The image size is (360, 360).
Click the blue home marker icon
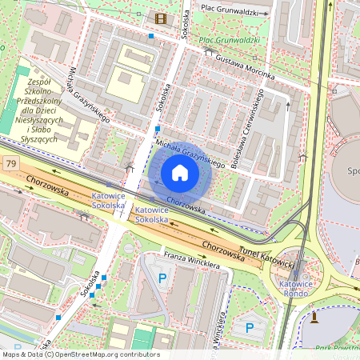pos(180,173)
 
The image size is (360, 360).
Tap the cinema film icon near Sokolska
pos(162,19)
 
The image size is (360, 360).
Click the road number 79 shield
pos(11,164)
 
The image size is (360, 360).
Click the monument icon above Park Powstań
pos(314,318)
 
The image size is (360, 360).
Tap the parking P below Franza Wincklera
pos(163,278)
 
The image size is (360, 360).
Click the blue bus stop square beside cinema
pos(150,35)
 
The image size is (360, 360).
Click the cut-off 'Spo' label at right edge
pos(353,171)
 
